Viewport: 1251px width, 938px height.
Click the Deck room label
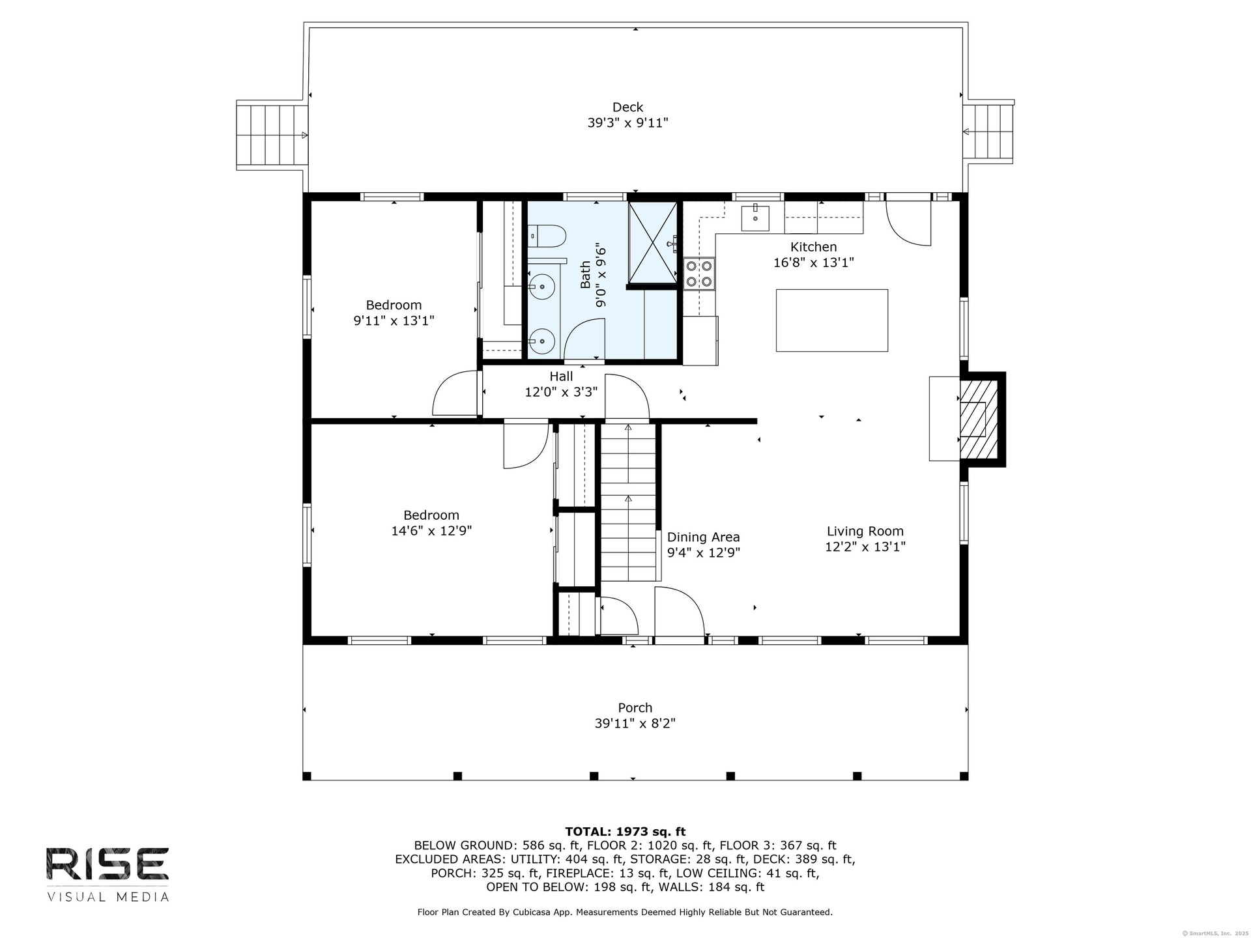627,107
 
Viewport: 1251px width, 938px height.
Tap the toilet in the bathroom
546,236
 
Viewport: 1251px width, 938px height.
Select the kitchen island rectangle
831,320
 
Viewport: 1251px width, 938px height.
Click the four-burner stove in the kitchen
699,274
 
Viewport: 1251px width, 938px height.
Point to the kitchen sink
755,218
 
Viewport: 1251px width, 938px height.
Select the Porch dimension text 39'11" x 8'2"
635,723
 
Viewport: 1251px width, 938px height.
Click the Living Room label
865,532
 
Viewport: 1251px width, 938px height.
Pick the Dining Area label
703,537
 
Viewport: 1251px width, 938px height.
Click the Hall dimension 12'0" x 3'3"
561,392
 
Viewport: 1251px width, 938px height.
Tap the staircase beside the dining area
627,502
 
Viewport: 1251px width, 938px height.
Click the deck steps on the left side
272,135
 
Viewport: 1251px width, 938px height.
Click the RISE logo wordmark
108,864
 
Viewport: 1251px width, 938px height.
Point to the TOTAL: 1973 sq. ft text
625,831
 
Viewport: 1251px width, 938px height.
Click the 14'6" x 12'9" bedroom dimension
431,531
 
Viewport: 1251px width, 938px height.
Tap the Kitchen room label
813,247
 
